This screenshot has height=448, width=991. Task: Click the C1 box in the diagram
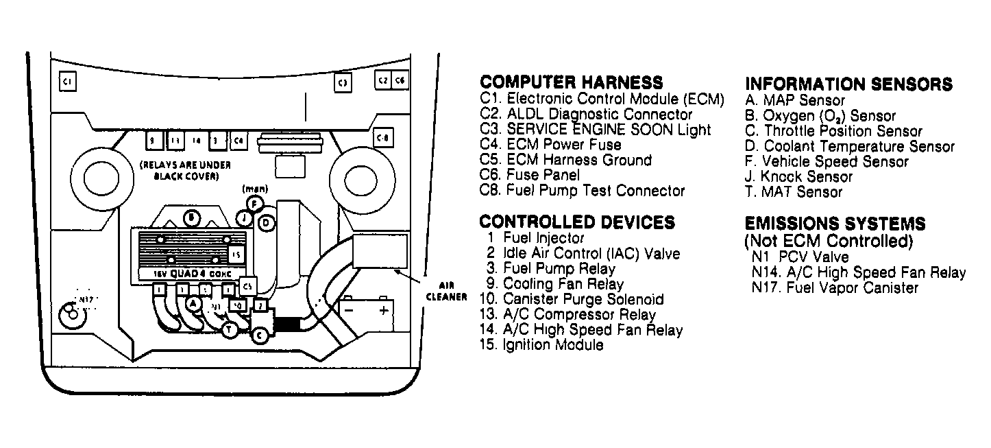point(67,82)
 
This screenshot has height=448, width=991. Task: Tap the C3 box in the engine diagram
point(343,83)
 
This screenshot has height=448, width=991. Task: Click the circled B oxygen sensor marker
point(193,217)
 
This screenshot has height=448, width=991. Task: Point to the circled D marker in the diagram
point(266,222)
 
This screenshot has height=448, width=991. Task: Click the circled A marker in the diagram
point(194,303)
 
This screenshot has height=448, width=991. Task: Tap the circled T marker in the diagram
point(230,330)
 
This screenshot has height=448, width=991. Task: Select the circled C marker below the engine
point(260,335)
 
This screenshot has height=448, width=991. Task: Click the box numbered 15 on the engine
point(235,255)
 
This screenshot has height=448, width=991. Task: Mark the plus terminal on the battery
point(383,310)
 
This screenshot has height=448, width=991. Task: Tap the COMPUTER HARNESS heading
point(571,82)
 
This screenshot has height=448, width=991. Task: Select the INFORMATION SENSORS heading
point(848,84)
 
